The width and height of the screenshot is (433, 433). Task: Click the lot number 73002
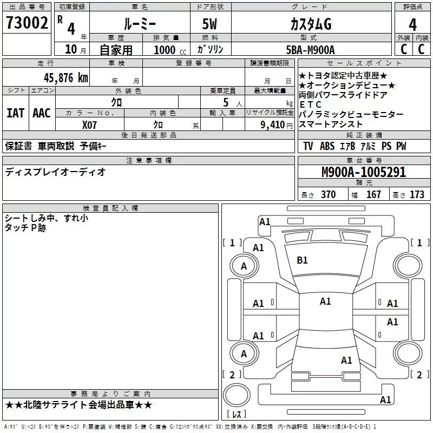pyautogui.click(x=27, y=23)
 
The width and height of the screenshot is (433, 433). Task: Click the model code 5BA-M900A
pyautogui.click(x=310, y=50)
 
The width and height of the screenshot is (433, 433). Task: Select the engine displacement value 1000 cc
pyautogui.click(x=169, y=50)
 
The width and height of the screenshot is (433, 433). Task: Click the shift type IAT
pyautogui.click(x=15, y=113)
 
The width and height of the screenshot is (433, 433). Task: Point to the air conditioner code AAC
pyautogui.click(x=42, y=113)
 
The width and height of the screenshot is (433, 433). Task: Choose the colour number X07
pyautogui.click(x=90, y=124)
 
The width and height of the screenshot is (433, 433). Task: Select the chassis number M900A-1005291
pyautogui.click(x=363, y=172)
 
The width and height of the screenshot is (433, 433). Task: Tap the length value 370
pyautogui.click(x=328, y=195)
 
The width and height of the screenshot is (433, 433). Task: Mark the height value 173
pyautogui.click(x=417, y=195)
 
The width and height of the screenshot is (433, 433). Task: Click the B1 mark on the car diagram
pyautogui.click(x=302, y=260)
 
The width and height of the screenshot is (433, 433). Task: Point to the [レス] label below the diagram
pyautogui.click(x=237, y=414)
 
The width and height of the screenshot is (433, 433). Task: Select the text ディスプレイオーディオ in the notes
pyautogui.click(x=55, y=172)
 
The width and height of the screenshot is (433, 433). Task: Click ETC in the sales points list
pyautogui.click(x=311, y=104)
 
